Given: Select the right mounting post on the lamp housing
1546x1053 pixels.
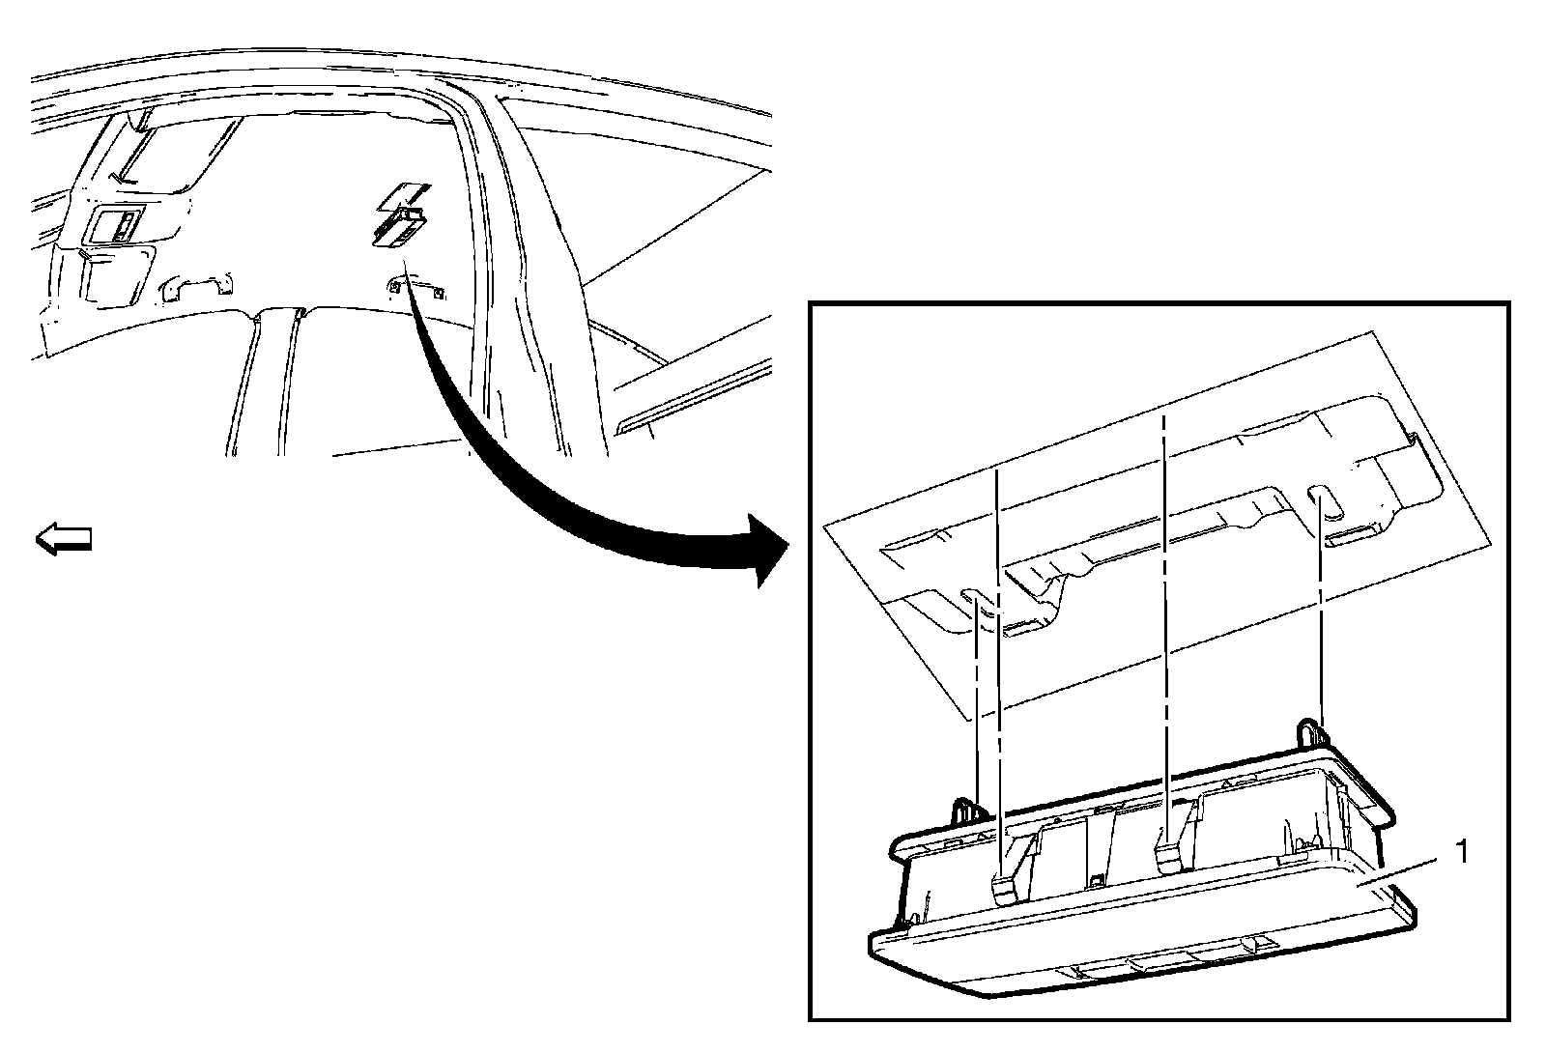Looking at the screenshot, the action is pyautogui.click(x=1309, y=731).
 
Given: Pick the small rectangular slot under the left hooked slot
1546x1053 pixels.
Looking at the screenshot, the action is pyautogui.click(x=1023, y=631).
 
